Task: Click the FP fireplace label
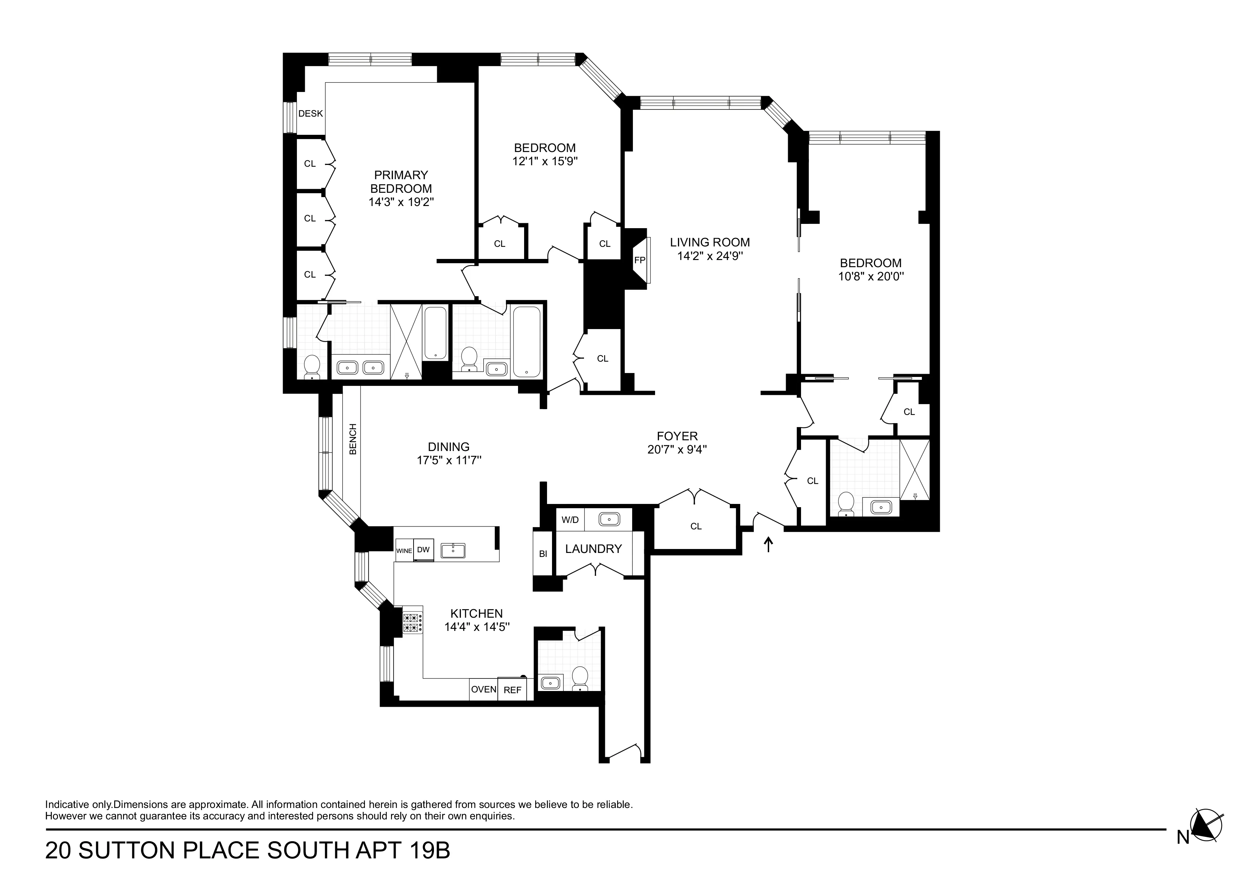640,260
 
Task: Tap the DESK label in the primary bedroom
311,114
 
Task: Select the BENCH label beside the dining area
352,439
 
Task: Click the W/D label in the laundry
570,519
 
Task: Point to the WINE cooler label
404,551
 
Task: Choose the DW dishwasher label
423,550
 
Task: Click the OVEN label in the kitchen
483,689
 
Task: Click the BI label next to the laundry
543,554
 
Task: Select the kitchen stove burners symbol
413,623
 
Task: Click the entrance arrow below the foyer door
768,544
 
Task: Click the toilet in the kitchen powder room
580,678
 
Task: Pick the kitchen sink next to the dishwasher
453,550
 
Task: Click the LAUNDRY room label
593,549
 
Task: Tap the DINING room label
448,446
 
